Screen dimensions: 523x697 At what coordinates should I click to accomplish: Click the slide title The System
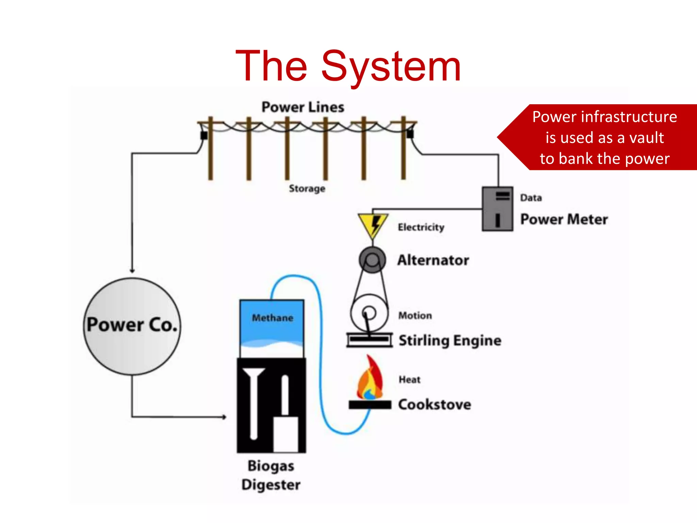point(348,66)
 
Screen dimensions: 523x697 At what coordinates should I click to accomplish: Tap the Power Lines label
point(303,107)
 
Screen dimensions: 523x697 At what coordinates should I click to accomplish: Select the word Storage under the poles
point(307,188)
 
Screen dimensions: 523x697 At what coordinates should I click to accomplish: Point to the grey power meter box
point(497,209)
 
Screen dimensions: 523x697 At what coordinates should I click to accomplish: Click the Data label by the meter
point(531,198)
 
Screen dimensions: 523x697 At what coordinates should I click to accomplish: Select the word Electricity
point(421,227)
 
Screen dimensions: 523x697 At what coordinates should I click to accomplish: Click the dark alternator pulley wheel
point(372,260)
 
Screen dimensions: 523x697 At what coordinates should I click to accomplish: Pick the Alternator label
point(433,260)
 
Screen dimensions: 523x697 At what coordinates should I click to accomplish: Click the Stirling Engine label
point(450,340)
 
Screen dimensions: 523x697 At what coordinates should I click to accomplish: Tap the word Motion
point(415,316)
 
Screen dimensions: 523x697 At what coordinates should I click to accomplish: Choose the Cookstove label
point(435,405)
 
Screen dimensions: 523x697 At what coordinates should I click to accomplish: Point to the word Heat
point(409,380)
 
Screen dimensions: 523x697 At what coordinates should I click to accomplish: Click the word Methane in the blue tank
point(272,318)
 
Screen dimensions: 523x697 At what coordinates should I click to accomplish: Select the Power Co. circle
point(132,326)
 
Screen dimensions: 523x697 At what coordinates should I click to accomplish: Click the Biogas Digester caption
point(271,475)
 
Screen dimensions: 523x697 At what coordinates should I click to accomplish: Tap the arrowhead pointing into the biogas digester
point(224,417)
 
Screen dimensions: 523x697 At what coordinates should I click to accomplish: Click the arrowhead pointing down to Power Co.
point(132,271)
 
